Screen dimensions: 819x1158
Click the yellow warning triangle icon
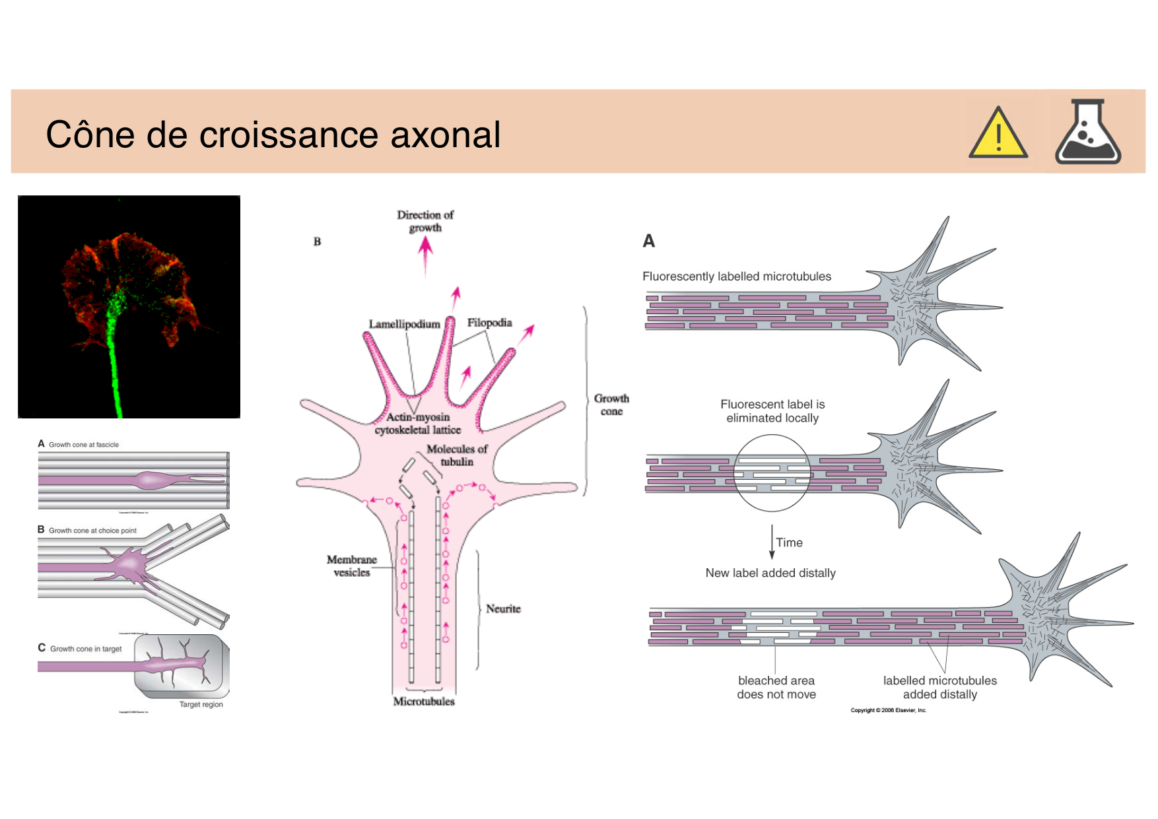[998, 134]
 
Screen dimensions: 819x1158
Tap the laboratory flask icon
[1087, 133]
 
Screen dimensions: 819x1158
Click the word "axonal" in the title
[445, 135]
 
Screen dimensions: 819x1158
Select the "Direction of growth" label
[425, 221]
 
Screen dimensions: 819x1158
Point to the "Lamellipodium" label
[404, 324]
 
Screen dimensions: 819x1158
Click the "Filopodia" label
[489, 323]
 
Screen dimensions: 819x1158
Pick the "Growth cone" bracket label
[611, 405]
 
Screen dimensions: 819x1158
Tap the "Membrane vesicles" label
[352, 566]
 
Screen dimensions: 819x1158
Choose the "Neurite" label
[503, 608]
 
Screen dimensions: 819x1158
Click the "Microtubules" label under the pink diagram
[424, 702]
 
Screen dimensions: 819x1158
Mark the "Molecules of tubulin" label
[457, 455]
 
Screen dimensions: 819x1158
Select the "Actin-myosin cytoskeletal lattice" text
[418, 424]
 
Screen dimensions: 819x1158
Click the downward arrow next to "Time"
[772, 542]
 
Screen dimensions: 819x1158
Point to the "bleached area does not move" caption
[776, 687]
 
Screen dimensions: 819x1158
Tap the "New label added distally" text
[770, 573]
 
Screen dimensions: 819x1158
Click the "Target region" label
[201, 704]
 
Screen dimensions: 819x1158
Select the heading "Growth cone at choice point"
[92, 531]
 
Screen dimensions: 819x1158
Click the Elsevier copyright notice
[888, 710]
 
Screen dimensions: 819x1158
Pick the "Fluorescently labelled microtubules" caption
[737, 277]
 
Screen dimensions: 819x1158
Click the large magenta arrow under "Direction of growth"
[425, 254]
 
